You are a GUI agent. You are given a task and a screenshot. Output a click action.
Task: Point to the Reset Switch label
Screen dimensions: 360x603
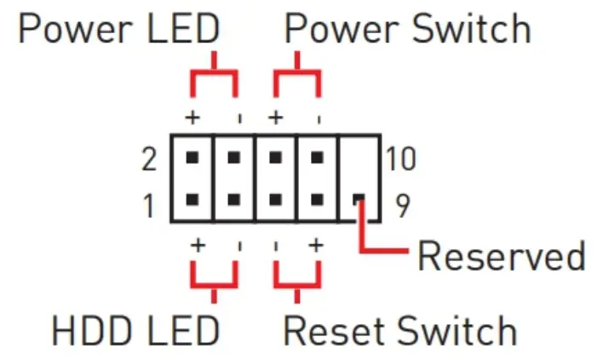[400, 330]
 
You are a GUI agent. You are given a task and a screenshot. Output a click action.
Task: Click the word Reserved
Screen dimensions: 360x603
[502, 255]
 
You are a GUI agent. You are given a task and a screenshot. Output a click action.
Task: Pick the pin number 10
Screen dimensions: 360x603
[399, 157]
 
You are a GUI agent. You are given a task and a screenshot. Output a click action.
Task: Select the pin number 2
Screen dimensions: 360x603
[149, 157]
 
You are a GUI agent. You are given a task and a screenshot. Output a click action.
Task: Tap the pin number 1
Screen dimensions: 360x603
[149, 205]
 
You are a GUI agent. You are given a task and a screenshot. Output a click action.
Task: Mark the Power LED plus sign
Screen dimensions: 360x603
[193, 116]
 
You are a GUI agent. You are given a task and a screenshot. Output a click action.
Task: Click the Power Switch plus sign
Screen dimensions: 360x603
[275, 116]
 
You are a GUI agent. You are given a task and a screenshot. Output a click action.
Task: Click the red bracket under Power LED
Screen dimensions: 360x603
[212, 77]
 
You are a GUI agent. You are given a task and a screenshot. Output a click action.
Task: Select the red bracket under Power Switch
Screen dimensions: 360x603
[296, 77]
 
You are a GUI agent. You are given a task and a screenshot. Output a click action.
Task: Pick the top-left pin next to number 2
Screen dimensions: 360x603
[192, 157]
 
